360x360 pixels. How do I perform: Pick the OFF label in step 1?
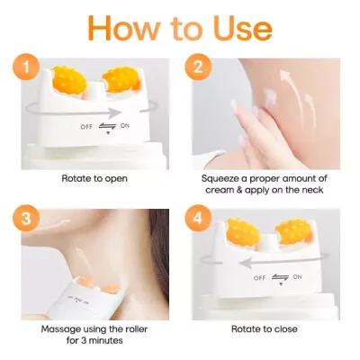coord(78,125)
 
